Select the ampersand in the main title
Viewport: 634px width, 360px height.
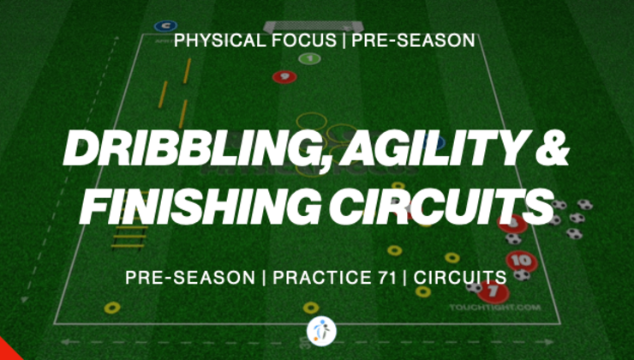coord(549,151)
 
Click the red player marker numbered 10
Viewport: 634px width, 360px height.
coord(517,260)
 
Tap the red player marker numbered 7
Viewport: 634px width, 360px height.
coord(493,292)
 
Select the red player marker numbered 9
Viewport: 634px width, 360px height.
coord(284,76)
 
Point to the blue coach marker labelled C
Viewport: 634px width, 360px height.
coord(161,27)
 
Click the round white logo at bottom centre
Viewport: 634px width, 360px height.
coord(320,331)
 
